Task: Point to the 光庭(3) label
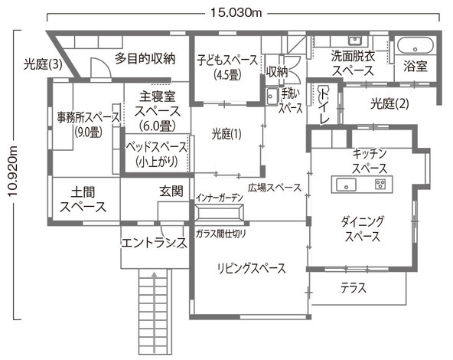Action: (43, 64)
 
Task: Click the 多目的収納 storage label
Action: (145, 57)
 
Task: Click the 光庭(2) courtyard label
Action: (389, 102)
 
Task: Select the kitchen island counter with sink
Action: (360, 185)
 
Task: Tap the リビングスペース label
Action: (251, 268)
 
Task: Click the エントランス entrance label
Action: (154, 243)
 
